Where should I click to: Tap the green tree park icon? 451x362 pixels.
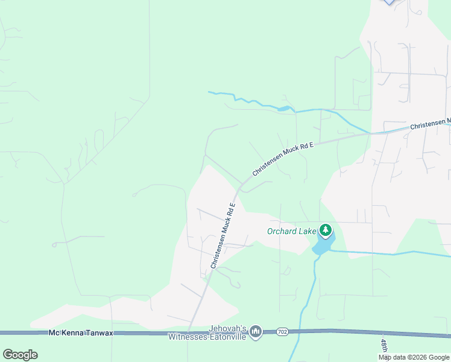pos(326,230)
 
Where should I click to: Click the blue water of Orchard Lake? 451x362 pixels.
pos(323,245)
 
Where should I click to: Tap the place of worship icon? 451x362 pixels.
pos(256,332)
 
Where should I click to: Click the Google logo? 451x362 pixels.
pos(20,354)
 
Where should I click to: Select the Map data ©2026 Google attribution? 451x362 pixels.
pos(414,357)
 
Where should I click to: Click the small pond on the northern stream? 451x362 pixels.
pos(283,109)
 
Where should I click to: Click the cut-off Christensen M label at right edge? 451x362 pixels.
pos(430,124)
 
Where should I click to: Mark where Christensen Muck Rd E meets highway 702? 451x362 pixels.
pos(189,331)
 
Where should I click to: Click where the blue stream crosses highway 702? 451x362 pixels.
pos(300,331)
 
